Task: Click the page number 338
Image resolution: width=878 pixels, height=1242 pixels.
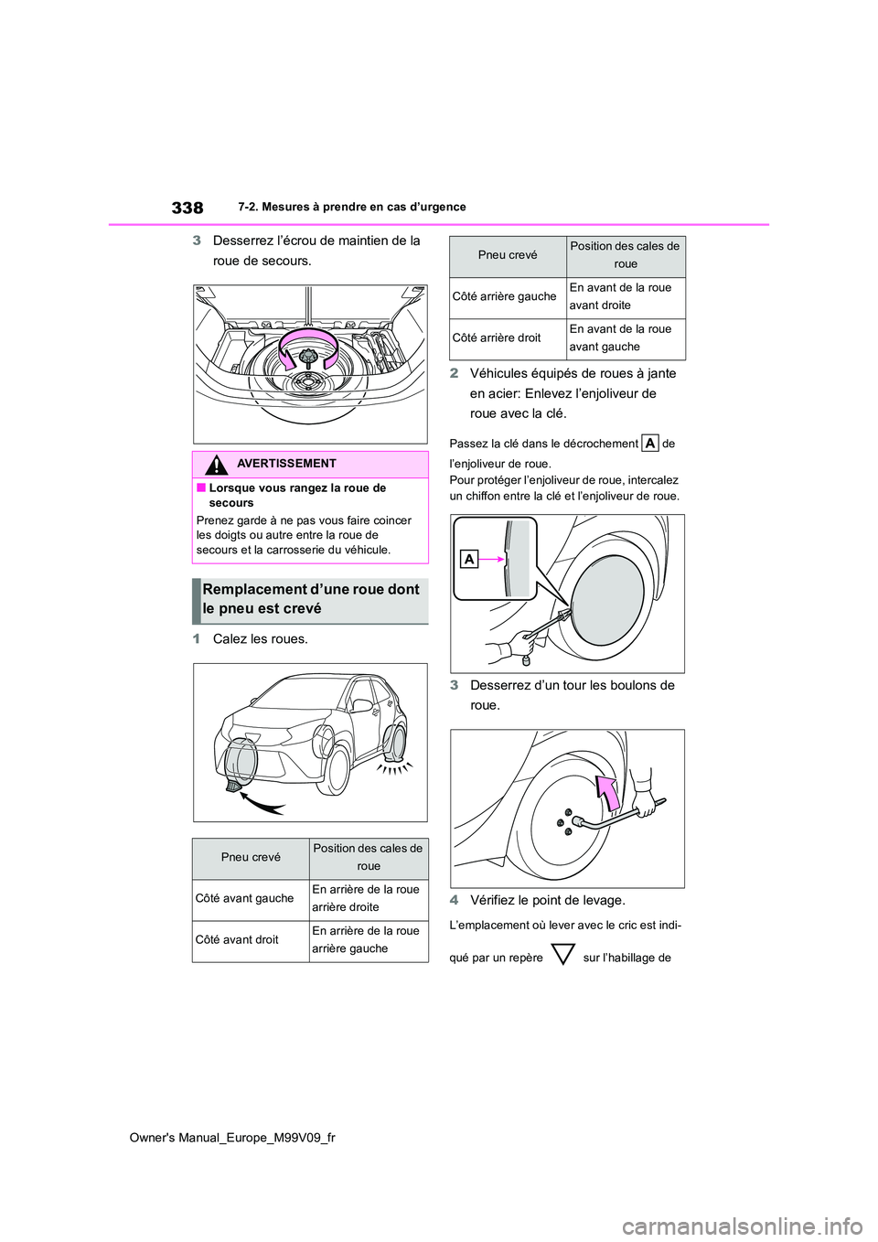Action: point(187,208)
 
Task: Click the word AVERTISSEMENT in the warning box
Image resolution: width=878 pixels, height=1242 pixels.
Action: point(286,464)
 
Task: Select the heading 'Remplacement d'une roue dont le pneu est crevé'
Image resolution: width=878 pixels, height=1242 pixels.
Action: point(311,599)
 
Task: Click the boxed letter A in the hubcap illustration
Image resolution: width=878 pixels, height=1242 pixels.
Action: point(469,560)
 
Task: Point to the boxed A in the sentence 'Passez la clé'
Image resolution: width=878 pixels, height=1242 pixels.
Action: point(649,444)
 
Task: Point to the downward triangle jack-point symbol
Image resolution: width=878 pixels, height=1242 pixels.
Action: point(563,954)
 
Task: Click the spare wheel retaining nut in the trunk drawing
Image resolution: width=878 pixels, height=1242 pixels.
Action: point(306,357)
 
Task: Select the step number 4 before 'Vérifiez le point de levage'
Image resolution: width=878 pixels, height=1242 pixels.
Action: point(454,901)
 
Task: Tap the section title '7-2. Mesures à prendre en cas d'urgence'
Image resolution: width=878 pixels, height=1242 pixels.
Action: point(352,208)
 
